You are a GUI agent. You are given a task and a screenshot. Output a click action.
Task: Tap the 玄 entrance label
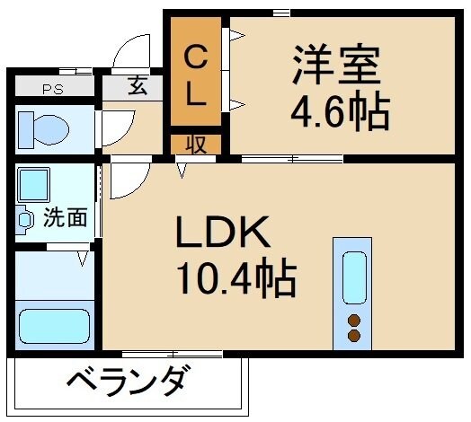[x=137, y=87]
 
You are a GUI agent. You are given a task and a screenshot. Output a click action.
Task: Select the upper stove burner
[x=352, y=320]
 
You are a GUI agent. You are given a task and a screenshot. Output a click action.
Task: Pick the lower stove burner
[x=352, y=336]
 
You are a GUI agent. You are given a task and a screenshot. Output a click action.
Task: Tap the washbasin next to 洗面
[x=22, y=217]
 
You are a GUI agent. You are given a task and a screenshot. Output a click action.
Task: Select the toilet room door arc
[x=115, y=125]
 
